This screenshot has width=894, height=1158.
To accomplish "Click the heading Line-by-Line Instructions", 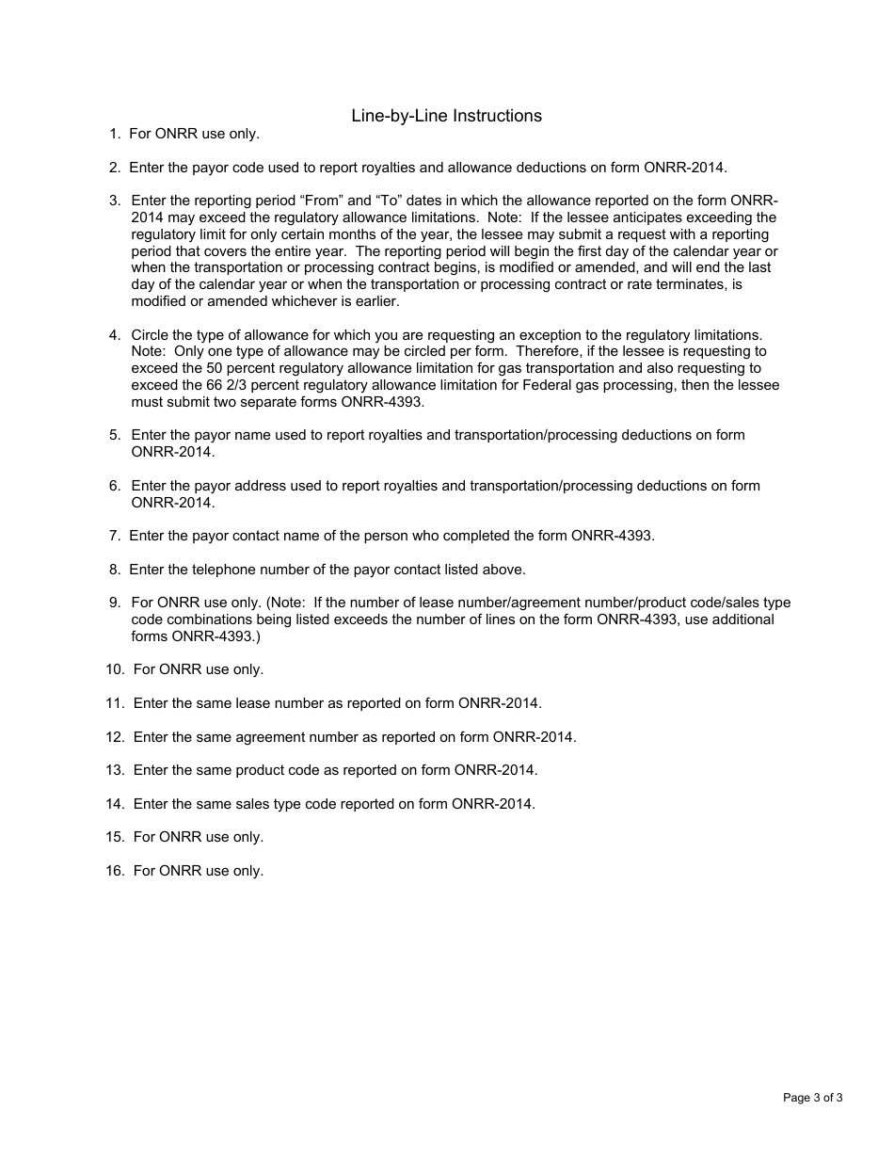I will click(446, 116).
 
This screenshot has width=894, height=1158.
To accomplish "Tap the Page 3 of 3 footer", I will click(812, 1097).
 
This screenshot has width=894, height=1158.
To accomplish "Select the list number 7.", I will click(114, 536).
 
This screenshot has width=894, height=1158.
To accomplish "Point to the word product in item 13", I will click(253, 770).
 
